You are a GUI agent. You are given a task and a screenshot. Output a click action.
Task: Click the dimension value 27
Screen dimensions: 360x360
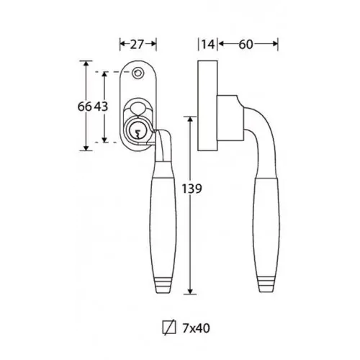tap(137, 45)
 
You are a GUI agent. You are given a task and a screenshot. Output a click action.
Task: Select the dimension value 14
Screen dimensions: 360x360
tap(207, 45)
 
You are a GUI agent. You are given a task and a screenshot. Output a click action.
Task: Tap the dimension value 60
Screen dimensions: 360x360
tap(246, 45)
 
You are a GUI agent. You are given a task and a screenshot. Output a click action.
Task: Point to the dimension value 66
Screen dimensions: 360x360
tap(85, 107)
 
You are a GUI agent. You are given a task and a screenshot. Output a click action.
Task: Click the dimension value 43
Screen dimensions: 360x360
tap(101, 107)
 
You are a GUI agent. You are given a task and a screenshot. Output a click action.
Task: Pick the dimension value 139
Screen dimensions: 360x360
tap(192, 189)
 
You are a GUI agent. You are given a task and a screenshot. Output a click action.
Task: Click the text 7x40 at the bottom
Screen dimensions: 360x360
tap(196, 328)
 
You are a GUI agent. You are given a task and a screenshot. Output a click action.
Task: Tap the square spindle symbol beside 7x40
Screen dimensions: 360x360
tap(169, 328)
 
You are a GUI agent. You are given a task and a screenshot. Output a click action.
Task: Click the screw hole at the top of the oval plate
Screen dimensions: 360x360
tap(138, 73)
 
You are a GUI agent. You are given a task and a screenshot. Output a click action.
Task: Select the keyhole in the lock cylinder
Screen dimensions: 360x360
tap(138, 134)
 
